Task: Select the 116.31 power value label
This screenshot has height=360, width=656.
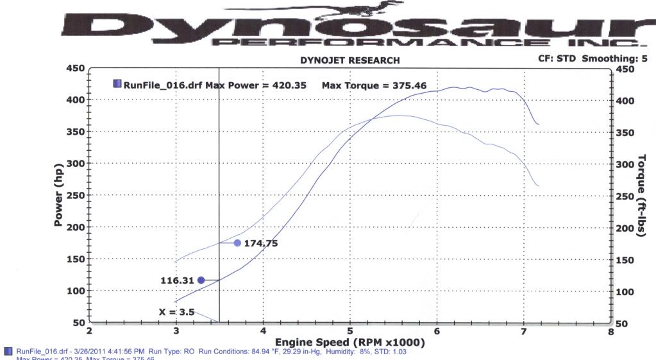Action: click(178, 280)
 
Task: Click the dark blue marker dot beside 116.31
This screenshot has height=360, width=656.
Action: click(201, 280)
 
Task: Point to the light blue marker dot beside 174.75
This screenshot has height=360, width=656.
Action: click(237, 243)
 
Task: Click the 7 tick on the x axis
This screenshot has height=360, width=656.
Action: click(524, 331)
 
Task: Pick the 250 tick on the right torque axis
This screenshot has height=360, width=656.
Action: click(625, 196)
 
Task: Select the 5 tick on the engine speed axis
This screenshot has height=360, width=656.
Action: click(349, 331)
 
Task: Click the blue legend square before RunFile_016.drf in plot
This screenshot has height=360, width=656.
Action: click(117, 83)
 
